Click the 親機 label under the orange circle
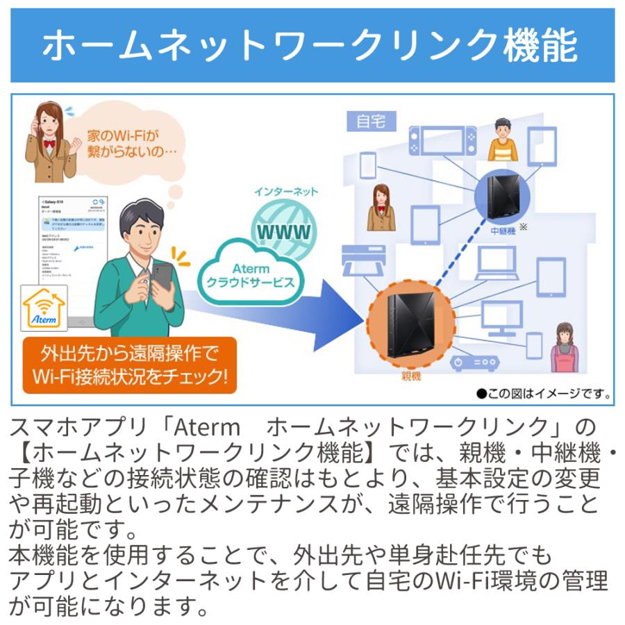pyautogui.click(x=410, y=376)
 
